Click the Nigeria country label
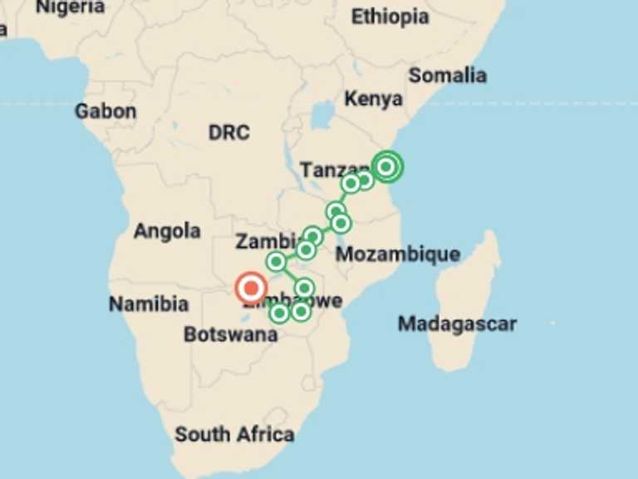pyautogui.click(x=71, y=7)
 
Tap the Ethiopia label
pyautogui.click(x=390, y=17)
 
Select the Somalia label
pyautogui.click(x=447, y=75)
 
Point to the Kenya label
pyautogui.click(x=373, y=99)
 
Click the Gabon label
pyautogui.click(x=106, y=111)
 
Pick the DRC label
pyautogui.click(x=228, y=133)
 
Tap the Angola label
pyautogui.click(x=167, y=231)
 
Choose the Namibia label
pyautogui.click(x=149, y=304)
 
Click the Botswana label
pyautogui.click(x=230, y=335)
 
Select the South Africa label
pyautogui.click(x=234, y=434)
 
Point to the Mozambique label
pyautogui.click(x=397, y=254)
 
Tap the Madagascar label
pyautogui.click(x=457, y=323)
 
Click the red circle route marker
pyautogui.click(x=250, y=289)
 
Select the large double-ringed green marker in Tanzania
pyautogui.click(x=386, y=166)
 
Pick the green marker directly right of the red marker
pyautogui.click(x=304, y=289)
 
